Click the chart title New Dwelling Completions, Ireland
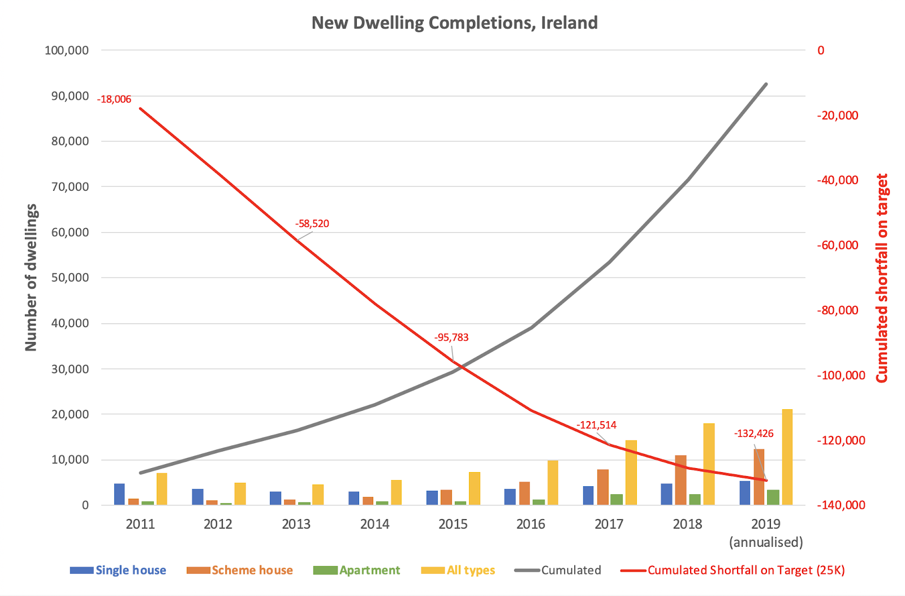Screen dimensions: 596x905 coord(454,23)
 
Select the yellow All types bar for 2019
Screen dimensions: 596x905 coord(787,457)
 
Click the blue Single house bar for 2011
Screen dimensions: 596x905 coord(119,494)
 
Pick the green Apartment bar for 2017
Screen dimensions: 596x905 coord(617,499)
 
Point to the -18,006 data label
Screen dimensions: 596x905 coord(114,100)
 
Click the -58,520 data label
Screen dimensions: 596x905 coord(312,224)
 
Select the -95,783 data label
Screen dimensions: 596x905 coord(451,338)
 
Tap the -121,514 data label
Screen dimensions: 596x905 coord(596,425)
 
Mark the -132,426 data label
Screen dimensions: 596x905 coord(753,434)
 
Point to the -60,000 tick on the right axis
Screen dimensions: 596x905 coord(837,245)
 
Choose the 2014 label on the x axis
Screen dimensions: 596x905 coord(374,524)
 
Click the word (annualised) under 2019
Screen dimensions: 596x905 coord(766,542)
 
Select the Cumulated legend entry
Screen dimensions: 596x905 coord(570,571)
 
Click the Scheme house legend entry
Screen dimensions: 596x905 coord(252,571)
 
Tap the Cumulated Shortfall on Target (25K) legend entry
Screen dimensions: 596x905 coord(745,571)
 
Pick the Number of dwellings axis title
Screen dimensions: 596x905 coord(31,277)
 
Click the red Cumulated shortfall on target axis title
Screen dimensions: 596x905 coord(881,277)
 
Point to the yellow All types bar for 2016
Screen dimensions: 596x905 coord(553,482)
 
